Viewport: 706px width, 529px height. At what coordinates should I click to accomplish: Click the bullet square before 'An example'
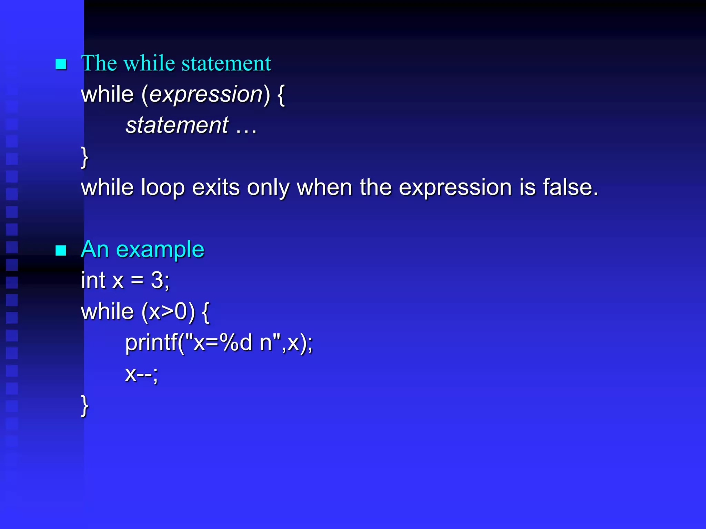(x=61, y=250)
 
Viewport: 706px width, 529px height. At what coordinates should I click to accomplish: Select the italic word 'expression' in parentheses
(x=206, y=94)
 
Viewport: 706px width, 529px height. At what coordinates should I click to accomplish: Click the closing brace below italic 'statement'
(x=84, y=157)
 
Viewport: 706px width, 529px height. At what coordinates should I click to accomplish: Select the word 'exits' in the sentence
(x=215, y=188)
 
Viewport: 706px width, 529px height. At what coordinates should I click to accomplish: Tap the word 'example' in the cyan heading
(x=160, y=250)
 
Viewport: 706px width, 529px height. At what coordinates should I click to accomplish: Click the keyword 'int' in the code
(x=93, y=280)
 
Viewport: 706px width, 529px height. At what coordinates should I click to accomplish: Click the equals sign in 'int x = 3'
(x=137, y=280)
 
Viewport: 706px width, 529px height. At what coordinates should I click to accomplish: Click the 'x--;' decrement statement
(x=141, y=374)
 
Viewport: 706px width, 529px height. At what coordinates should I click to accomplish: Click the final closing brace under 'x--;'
(x=84, y=405)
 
